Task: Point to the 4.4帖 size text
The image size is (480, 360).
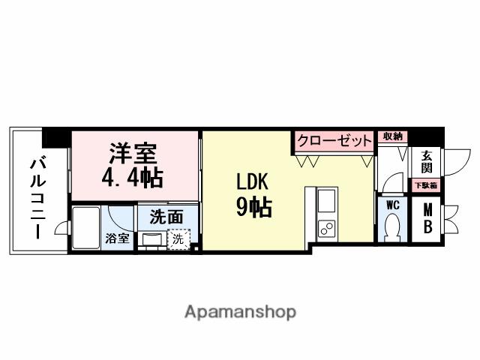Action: pyautogui.click(x=133, y=177)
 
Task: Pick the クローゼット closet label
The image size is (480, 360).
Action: pyautogui.click(x=334, y=141)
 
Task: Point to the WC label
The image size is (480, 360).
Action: pyautogui.click(x=391, y=204)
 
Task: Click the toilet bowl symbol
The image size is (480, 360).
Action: pyautogui.click(x=391, y=226)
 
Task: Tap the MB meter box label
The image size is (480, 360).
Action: pyautogui.click(x=427, y=219)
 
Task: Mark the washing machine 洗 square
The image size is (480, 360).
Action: pyautogui.click(x=178, y=240)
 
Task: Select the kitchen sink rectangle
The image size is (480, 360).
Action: pyautogui.click(x=328, y=202)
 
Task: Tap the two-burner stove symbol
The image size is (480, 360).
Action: pyautogui.click(x=328, y=229)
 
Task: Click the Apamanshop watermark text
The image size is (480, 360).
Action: pyautogui.click(x=240, y=311)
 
